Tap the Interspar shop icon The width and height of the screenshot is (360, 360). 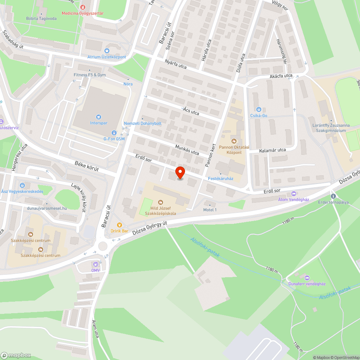point(98,117)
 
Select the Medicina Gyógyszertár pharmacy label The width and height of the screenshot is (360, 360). point(82,13)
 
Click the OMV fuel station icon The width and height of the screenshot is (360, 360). point(95,264)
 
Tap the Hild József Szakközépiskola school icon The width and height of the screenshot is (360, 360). point(160,202)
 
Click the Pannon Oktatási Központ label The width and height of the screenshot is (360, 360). point(234,150)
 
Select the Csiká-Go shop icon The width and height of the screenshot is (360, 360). point(258,109)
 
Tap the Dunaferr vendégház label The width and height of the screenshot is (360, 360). point(307,284)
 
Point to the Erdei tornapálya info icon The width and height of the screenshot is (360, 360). point(333,196)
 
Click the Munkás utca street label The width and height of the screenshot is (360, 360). point(187,150)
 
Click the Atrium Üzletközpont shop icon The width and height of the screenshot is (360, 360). point(107,51)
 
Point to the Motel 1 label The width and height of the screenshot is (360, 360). point(210,210)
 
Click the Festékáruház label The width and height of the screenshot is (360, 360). point(221,178)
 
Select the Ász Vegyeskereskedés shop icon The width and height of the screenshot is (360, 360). point(23,185)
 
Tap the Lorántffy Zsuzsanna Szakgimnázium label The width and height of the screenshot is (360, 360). point(331,128)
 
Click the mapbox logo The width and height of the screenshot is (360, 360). point(16,355)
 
